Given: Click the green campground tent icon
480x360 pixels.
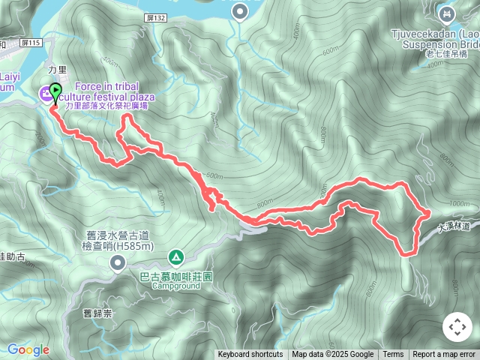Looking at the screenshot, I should (175, 257).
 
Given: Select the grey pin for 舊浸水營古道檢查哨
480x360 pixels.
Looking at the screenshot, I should (118, 262).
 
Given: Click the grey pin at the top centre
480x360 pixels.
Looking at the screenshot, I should (239, 11).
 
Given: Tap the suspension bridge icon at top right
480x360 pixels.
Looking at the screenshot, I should (447, 13).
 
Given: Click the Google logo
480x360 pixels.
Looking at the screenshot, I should (28, 349).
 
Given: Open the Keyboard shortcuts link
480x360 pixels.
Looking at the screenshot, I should (250, 355).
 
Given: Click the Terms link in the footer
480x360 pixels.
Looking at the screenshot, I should (393, 355).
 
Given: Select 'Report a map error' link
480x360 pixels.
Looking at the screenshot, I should (444, 355).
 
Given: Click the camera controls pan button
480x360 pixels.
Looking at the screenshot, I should (457, 328).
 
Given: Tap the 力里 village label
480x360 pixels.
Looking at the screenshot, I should (58, 69).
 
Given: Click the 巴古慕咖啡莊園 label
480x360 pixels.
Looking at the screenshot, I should (176, 276).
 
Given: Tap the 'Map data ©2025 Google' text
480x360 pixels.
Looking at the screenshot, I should (332, 355).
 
